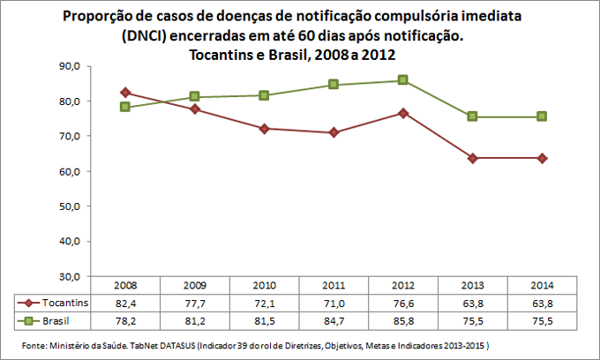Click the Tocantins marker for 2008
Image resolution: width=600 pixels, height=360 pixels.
coord(125,93)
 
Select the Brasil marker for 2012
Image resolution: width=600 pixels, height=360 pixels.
coord(402,80)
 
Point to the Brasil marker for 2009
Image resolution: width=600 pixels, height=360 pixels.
coord(194,96)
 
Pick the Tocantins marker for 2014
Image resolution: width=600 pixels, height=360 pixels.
coord(541,158)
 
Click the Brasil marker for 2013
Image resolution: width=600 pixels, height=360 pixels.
coord(472,116)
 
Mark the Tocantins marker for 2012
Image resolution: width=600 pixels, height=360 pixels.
coord(402,112)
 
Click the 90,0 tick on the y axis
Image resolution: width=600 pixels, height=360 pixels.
coord(69,66)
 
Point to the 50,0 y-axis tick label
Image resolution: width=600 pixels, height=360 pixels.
coord(69,206)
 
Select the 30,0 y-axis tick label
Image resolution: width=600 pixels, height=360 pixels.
coord(69,276)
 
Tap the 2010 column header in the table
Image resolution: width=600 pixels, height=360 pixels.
coord(264,286)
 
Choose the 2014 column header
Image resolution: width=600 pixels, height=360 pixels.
coord(541,286)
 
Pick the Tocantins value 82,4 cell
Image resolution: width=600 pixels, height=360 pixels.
coord(125,302)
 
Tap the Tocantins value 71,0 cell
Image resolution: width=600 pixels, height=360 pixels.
coord(334,302)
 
